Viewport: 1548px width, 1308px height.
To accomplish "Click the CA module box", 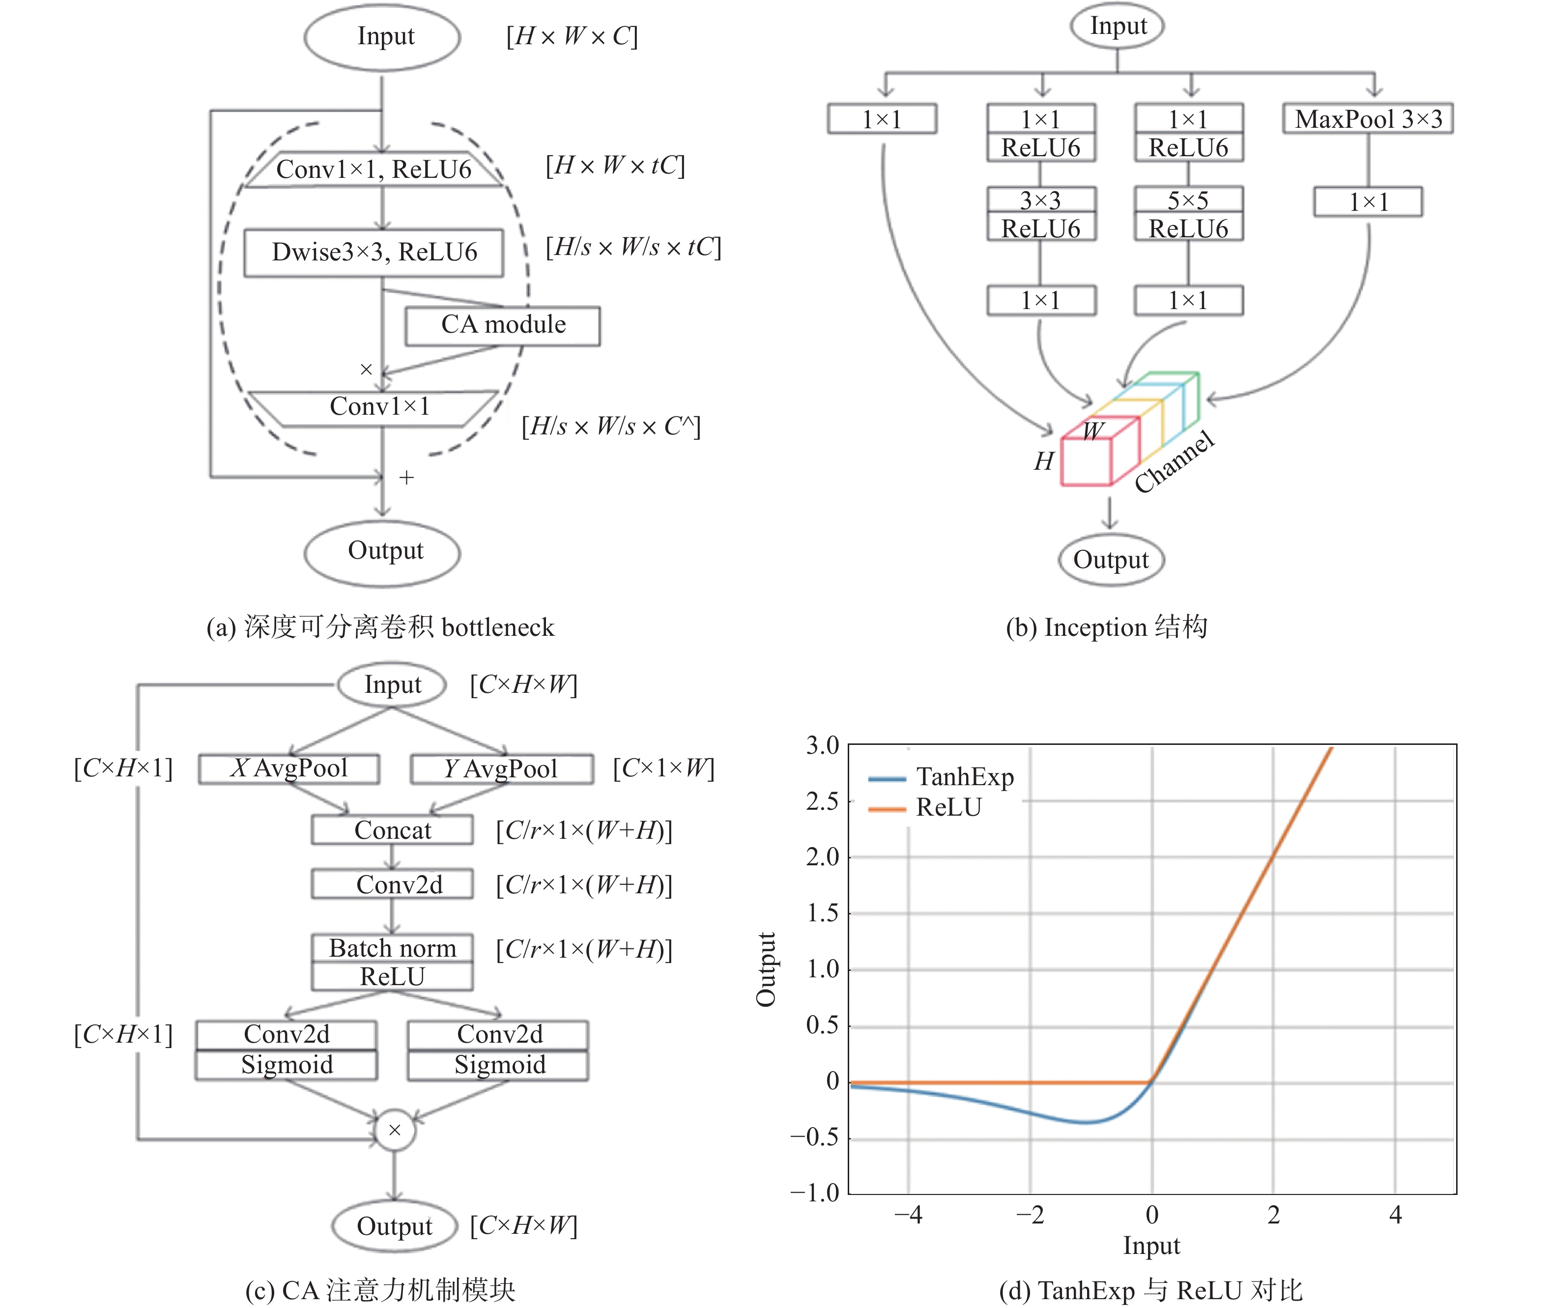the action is point(502,325).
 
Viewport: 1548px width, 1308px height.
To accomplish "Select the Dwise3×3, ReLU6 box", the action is point(374,253).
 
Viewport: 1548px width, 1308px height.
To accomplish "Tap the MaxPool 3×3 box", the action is point(1368,118).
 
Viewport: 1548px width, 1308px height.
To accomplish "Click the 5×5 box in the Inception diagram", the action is point(1188,200).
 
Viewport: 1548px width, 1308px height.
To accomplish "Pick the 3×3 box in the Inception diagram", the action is point(1041,200).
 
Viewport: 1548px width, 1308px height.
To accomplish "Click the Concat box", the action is point(392,830).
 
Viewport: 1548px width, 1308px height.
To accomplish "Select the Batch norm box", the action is point(392,948).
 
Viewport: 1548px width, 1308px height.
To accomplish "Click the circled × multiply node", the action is point(395,1130).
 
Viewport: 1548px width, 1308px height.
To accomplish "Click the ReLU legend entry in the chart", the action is point(925,807).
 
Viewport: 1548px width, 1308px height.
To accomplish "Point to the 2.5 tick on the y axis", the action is point(823,801).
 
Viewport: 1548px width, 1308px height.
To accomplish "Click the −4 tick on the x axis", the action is point(908,1215).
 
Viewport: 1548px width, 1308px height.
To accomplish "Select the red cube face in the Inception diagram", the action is point(1086,461).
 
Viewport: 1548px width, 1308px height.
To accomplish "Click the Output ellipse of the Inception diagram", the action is point(1111,560).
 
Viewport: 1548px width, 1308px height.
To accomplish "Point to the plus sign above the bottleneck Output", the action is point(406,478).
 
